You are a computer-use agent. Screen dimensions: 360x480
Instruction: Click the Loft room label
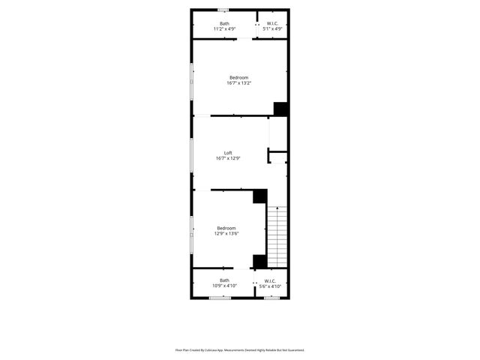[x=228, y=153]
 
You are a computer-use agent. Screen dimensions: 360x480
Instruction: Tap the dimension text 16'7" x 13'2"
[x=238, y=83]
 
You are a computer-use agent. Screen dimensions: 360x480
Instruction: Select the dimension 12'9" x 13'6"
[x=227, y=234]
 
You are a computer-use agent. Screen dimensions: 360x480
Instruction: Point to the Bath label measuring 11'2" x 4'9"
[x=224, y=23]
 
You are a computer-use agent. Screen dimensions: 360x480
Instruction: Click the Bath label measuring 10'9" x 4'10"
[x=225, y=280]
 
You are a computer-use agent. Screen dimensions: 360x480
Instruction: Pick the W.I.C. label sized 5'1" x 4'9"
[x=271, y=23]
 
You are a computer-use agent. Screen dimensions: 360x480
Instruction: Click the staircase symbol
[x=278, y=235]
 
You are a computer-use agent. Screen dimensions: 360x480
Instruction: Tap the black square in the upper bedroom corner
[x=281, y=109]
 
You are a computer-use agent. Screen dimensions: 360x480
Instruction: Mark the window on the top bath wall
[x=223, y=10]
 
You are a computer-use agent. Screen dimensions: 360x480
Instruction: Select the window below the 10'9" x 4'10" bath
[x=220, y=298]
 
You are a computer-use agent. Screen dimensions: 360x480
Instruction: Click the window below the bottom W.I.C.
[x=271, y=298]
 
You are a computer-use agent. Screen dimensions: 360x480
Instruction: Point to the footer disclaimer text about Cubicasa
[x=240, y=349]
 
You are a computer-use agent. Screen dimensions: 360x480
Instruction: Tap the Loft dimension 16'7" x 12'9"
[x=228, y=158]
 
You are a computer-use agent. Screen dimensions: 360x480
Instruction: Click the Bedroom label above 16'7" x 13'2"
[x=238, y=77]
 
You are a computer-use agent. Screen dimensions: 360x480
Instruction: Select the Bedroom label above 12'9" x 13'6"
[x=226, y=228]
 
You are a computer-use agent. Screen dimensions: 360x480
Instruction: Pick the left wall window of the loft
[x=192, y=154]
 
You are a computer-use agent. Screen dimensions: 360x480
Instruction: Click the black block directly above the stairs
[x=260, y=196]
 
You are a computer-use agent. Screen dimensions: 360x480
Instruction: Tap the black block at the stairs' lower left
[x=259, y=261]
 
